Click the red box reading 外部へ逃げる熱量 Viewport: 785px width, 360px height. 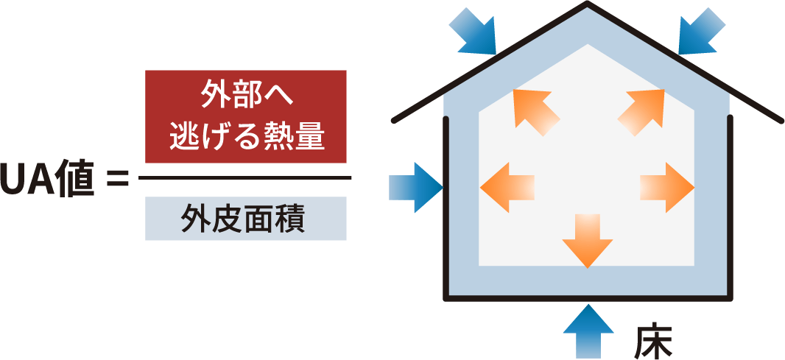(246, 116)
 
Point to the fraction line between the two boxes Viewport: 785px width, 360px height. (245, 178)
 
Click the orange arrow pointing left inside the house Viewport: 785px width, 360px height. (507, 188)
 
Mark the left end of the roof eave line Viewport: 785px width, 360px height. (395, 120)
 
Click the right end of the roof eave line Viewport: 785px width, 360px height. (780, 120)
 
